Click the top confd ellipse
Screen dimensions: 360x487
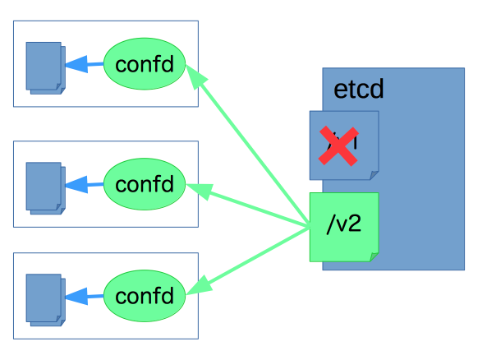145,63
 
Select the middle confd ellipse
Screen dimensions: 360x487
145,183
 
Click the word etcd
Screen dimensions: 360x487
359,90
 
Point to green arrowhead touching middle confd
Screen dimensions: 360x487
200,192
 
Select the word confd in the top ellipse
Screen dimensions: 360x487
145,63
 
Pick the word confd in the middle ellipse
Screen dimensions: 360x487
145,183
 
